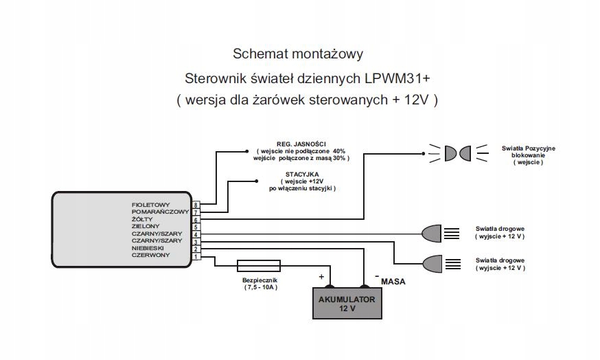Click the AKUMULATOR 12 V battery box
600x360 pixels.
[x=347, y=303]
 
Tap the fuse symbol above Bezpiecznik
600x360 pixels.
[x=259, y=266]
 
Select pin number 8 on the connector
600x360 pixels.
[x=196, y=205]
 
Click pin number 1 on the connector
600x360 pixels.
[x=196, y=256]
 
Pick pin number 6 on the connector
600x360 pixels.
[x=196, y=220]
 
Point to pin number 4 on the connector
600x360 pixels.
[x=196, y=234]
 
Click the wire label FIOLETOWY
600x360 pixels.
[x=150, y=205]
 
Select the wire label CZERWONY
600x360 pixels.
[x=150, y=255]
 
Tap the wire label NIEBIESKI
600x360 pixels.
[x=148, y=248]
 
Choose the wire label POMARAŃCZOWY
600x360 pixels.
[x=161, y=212]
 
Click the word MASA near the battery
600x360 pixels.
[x=393, y=282]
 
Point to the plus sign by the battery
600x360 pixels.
[x=321, y=276]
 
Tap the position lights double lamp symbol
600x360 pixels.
[x=458, y=154]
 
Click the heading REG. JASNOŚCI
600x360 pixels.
[x=301, y=144]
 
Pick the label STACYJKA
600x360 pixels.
[x=302, y=175]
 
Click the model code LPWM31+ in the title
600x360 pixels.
[x=397, y=78]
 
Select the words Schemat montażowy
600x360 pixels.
[x=298, y=54]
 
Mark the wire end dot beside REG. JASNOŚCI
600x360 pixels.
[x=247, y=151]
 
